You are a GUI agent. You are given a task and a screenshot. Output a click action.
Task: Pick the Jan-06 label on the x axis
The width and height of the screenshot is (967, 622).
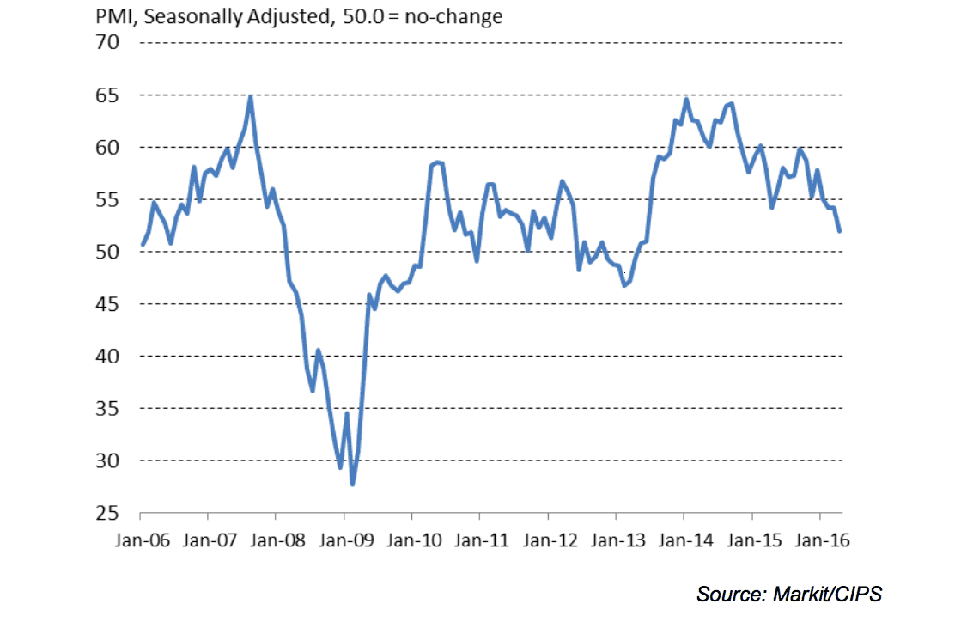coord(140,541)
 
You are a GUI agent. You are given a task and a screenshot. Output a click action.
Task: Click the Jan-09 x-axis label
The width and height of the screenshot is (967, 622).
coord(344,541)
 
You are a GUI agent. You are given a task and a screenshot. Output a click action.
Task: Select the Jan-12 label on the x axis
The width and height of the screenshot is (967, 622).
coord(548,541)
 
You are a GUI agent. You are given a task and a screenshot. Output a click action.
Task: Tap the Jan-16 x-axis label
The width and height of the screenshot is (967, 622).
coord(820,541)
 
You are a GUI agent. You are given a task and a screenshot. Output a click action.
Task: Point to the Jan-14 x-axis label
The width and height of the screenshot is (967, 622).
coord(684,541)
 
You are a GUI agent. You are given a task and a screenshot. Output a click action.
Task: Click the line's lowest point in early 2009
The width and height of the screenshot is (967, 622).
coord(352,485)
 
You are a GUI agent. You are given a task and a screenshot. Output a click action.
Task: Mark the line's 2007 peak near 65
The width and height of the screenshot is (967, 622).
coord(250,96)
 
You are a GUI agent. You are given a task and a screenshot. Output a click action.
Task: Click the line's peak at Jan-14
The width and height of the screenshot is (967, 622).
coord(685,99)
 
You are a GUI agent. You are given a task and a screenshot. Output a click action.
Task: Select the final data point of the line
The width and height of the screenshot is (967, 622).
coord(839,231)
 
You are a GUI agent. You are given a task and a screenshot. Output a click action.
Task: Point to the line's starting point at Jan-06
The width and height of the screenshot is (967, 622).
coord(142,245)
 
